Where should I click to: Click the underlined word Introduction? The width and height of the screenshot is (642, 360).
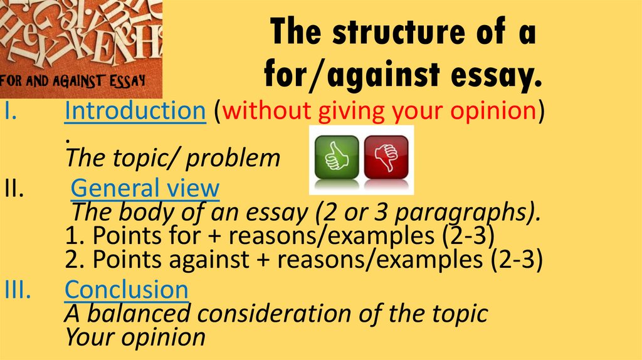pos(136,111)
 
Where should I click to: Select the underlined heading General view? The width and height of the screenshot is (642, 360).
pos(145,188)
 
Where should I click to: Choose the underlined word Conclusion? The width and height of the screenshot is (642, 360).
pos(127,289)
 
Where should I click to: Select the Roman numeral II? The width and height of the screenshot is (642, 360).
pos(13,188)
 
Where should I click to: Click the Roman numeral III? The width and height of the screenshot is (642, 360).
pos(16,290)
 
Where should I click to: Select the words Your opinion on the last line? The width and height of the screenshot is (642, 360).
pos(135,337)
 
